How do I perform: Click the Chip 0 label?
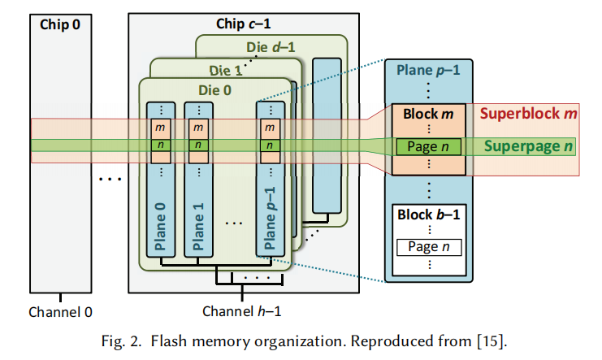click(60, 24)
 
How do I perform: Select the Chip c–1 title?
click(244, 24)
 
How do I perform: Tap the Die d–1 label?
click(271, 47)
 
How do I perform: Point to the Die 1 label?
click(226, 71)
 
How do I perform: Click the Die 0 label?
click(215, 90)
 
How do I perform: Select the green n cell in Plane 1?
click(198, 145)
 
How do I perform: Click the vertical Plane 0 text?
click(160, 226)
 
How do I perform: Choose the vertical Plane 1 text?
click(198, 226)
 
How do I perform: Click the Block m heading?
click(428, 114)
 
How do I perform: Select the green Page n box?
click(428, 147)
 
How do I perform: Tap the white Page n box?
click(429, 247)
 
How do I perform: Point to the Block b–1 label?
click(428, 215)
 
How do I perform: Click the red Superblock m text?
click(528, 114)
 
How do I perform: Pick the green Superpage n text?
click(528, 146)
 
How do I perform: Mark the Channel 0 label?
click(61, 312)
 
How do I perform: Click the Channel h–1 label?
click(242, 311)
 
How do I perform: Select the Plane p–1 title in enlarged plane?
click(428, 71)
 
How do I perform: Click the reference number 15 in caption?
click(490, 341)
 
